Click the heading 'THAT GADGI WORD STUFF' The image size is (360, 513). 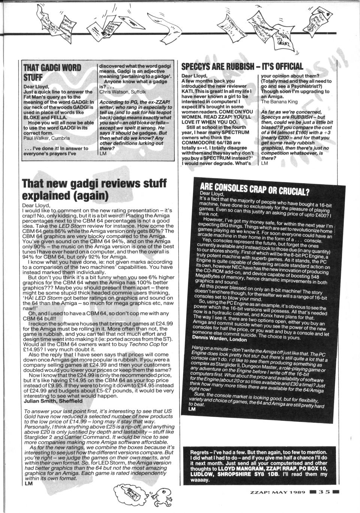tap(52, 72)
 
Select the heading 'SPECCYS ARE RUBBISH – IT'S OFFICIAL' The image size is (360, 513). tap(242, 66)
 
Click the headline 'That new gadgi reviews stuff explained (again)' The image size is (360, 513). tap(94, 189)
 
